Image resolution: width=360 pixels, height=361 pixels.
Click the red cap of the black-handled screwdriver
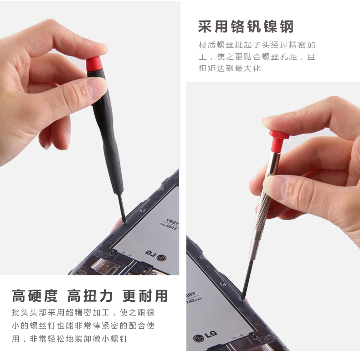click(93, 63)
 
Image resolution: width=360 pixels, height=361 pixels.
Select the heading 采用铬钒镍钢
click(246, 27)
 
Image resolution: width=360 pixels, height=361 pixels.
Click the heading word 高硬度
click(35, 296)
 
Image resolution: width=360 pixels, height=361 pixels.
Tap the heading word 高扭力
click(90, 296)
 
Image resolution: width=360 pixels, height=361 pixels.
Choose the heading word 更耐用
click(145, 296)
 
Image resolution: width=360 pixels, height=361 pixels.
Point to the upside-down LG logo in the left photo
click(156, 255)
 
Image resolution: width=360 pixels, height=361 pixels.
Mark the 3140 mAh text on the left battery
click(170, 227)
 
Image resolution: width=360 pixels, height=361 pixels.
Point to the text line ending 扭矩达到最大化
click(230, 68)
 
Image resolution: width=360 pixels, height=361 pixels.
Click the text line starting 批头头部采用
click(83, 312)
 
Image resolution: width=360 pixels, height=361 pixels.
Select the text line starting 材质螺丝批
click(257, 45)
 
